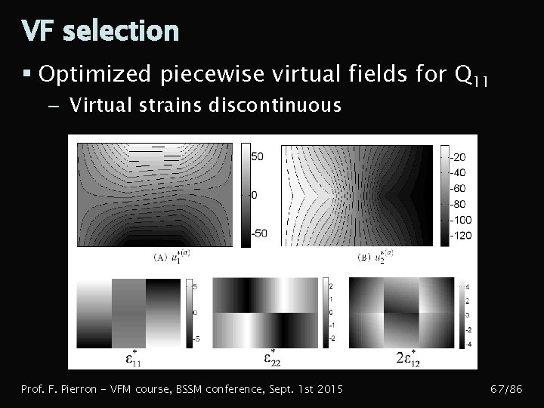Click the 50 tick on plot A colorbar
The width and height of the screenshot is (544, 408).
pos(257,156)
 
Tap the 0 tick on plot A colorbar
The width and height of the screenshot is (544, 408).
pos(253,195)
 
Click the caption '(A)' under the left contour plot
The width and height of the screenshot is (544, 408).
pos(160,257)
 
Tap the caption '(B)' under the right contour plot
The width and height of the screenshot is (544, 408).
pos(363,257)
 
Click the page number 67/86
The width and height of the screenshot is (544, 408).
pos(507,390)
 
